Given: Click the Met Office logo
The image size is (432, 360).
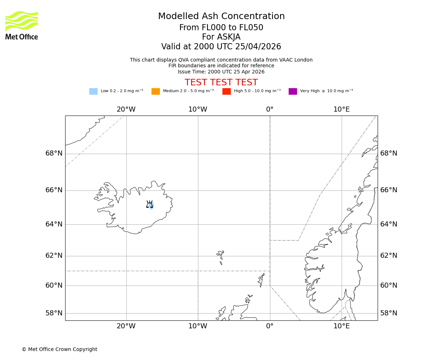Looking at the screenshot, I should tap(22, 25).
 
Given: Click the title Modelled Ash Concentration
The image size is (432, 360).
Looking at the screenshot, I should tap(221, 17).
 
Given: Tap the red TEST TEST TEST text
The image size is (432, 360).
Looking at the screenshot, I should tap(221, 82).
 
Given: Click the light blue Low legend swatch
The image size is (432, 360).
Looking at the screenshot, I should tap(93, 91).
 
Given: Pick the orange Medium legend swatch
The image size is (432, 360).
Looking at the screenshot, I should tap(156, 91).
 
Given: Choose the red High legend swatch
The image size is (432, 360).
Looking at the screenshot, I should tap(226, 91).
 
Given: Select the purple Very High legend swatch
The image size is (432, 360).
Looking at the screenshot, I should tap(293, 91).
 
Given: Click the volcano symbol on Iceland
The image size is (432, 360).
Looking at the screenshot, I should tap(149, 204).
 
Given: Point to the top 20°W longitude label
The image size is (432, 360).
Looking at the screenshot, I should tap(126, 109).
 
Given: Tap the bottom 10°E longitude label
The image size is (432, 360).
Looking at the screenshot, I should tap(341, 326).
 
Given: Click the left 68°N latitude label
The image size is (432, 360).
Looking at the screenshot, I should tap(54, 153).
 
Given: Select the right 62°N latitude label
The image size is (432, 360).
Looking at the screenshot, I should tap(389, 256).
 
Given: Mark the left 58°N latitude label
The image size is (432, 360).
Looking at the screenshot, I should tap(54, 313).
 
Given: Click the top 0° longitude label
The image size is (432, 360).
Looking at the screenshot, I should tap(270, 109).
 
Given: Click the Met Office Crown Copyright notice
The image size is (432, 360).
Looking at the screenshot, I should tap(59, 350).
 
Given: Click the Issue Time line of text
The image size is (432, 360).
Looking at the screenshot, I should tap(221, 72).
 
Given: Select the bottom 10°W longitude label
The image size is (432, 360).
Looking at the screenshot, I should tap(198, 326).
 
